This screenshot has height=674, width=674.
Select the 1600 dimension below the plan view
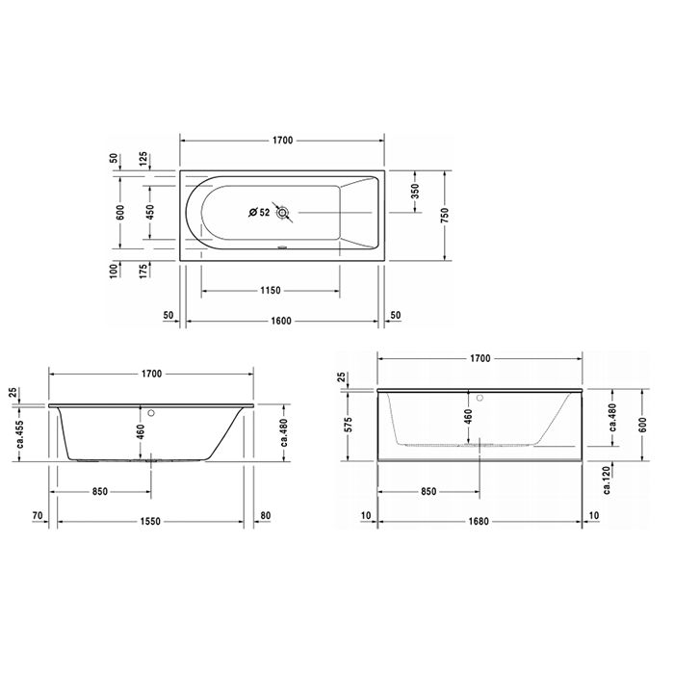tap(283, 321)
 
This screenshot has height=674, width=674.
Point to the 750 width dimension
tap(444, 216)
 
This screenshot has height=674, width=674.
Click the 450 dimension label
tap(148, 212)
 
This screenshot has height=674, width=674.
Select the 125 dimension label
tap(143, 159)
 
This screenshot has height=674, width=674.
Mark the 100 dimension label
tap(113, 270)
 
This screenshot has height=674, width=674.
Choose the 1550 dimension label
tap(149, 520)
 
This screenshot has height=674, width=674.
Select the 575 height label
tap(348, 424)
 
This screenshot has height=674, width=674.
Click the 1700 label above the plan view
tap(283, 142)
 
